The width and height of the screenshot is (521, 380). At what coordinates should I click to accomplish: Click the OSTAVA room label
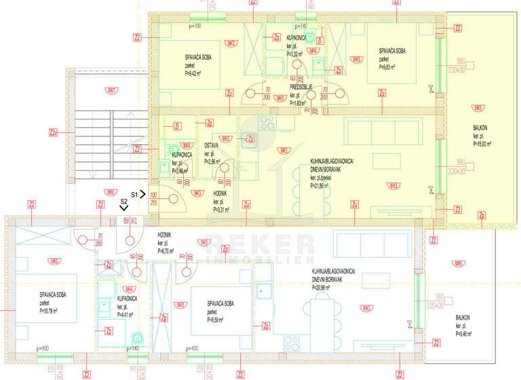[211, 145]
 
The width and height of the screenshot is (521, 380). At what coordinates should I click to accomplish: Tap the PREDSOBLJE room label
[301, 87]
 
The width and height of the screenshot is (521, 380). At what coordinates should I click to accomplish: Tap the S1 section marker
[134, 194]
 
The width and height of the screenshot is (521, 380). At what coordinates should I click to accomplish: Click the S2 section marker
[124, 202]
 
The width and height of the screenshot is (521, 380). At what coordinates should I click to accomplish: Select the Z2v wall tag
[53, 132]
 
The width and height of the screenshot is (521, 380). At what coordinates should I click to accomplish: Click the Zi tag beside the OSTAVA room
[176, 126]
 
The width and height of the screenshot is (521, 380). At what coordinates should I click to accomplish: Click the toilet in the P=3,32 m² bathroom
[311, 35]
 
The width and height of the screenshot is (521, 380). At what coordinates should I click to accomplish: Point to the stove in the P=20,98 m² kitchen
[292, 341]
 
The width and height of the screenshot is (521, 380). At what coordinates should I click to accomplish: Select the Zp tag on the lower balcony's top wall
[481, 216]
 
